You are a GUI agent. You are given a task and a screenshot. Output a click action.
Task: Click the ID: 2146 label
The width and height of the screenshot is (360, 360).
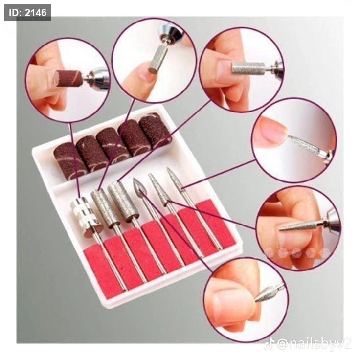27,13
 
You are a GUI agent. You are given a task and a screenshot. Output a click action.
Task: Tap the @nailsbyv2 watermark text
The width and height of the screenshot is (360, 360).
314,344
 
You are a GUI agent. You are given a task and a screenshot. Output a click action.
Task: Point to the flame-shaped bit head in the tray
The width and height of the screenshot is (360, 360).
139,187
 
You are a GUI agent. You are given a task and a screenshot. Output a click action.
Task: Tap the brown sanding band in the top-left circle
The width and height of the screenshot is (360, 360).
68,79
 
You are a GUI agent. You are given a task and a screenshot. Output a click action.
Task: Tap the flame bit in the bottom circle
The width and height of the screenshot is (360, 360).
266,294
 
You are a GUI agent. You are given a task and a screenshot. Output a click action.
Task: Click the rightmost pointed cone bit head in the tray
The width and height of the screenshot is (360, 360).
175,180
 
